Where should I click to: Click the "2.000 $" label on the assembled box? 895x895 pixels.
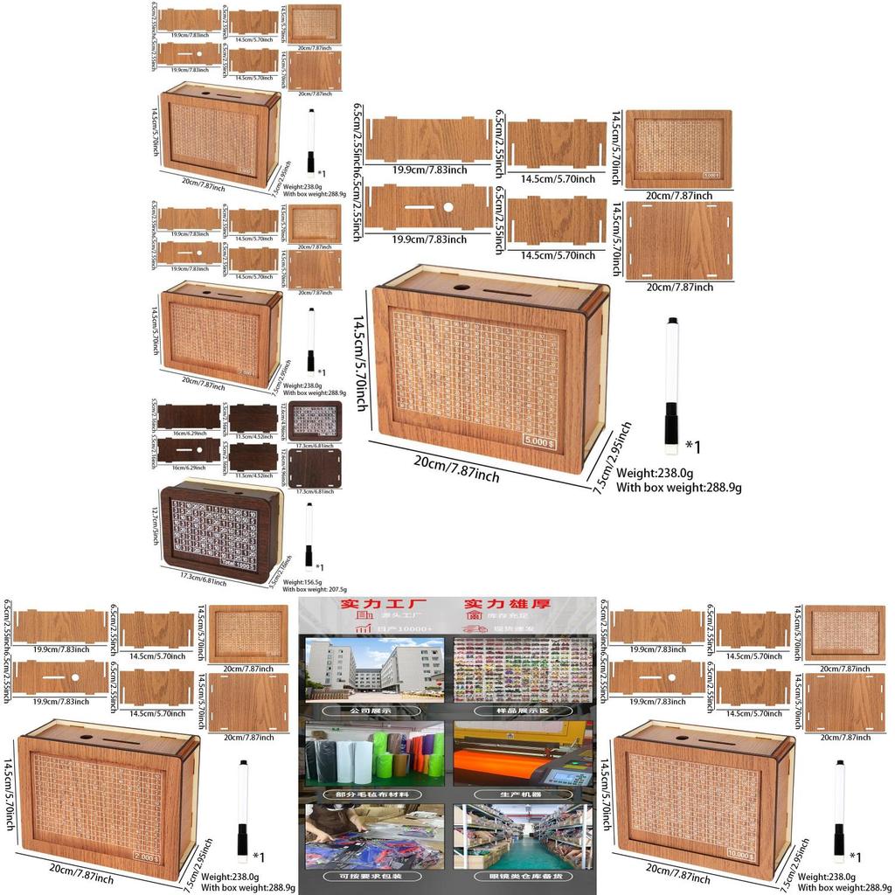146,858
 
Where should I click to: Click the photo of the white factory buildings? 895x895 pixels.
373,671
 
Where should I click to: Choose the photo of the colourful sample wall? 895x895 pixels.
522,671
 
